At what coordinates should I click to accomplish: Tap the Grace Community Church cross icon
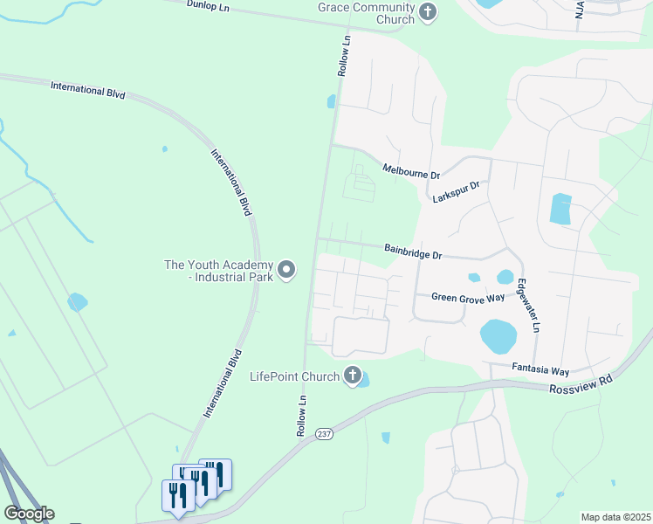[427, 12]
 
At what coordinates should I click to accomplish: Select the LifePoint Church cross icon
[353, 376]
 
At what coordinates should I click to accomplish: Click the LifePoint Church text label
[294, 376]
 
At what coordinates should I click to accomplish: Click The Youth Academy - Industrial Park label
[219, 270]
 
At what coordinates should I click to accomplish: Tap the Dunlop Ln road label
[208, 5]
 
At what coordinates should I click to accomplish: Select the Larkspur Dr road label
[457, 192]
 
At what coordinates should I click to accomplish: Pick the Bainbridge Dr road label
[414, 252]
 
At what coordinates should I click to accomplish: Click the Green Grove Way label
[469, 298]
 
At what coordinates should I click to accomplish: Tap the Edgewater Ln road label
[529, 304]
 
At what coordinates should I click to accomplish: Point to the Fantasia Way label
[541, 370]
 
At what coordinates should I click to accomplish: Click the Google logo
[29, 514]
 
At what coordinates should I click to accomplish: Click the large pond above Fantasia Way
[498, 335]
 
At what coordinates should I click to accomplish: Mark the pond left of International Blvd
[77, 302]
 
